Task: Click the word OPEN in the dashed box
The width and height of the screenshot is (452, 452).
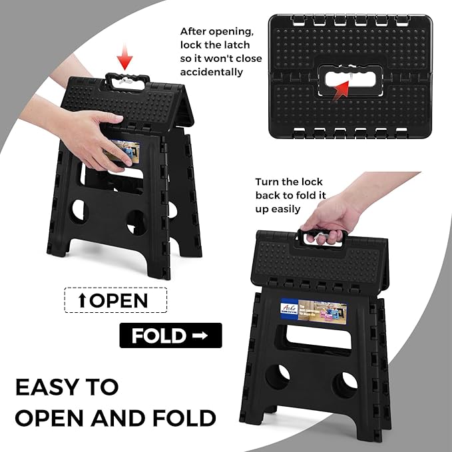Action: [118, 300]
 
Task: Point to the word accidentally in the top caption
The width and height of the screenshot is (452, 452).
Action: [211, 72]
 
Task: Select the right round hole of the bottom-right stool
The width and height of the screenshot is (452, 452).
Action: [345, 384]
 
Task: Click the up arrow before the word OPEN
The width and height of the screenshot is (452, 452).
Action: [82, 300]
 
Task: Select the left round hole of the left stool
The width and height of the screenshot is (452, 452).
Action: [79, 211]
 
